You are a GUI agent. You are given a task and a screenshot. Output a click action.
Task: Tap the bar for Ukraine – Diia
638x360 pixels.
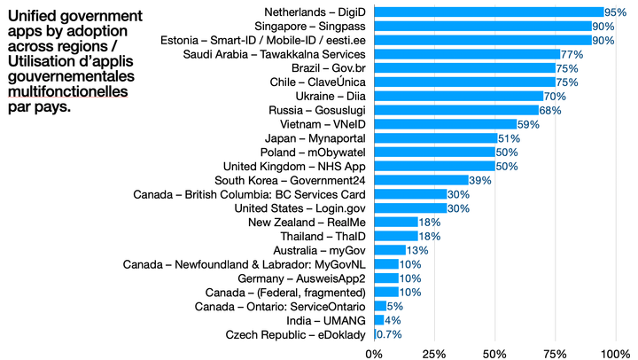tap(459, 96)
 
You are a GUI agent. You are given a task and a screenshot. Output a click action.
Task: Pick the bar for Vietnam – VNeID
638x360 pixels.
tap(446, 124)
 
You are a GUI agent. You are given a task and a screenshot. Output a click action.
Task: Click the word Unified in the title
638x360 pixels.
tap(37, 15)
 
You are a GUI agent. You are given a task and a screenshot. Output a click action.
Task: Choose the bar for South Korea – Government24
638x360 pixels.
tap(422, 180)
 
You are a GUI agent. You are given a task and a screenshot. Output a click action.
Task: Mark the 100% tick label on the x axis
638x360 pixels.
tap(613, 353)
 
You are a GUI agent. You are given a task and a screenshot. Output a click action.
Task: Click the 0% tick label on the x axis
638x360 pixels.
tap(375, 353)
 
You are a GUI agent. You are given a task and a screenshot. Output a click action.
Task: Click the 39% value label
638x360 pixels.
tap(480, 180)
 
